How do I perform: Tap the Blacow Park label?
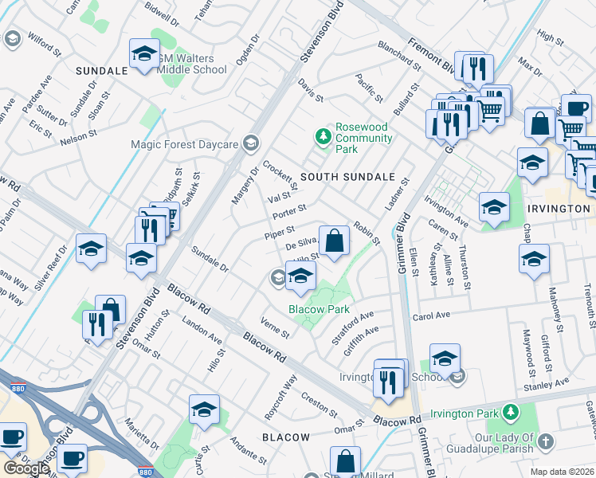pyautogui.click(x=319, y=309)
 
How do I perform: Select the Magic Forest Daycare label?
pyautogui.click(x=185, y=144)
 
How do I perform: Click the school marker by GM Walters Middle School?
pyautogui.click(x=144, y=55)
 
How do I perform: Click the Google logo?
pyautogui.click(x=25, y=468)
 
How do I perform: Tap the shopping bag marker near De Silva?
pyautogui.click(x=335, y=241)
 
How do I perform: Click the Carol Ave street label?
pyautogui.click(x=431, y=315)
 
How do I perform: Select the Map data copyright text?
pyautogui.click(x=562, y=472)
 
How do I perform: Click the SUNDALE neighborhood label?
pyautogui.click(x=101, y=71)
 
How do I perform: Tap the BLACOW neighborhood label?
pyautogui.click(x=285, y=437)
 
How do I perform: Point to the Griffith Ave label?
pyautogui.click(x=361, y=332)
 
